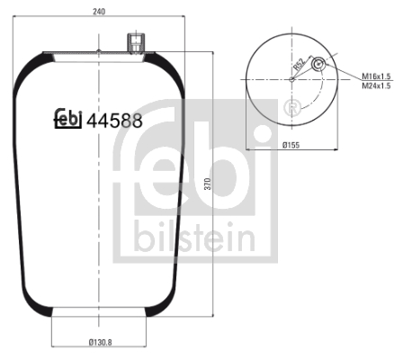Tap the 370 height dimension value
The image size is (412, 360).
point(209,184)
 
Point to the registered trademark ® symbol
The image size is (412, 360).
point(291,109)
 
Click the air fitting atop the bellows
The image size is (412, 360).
point(135,42)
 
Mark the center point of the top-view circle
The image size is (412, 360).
point(290,78)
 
